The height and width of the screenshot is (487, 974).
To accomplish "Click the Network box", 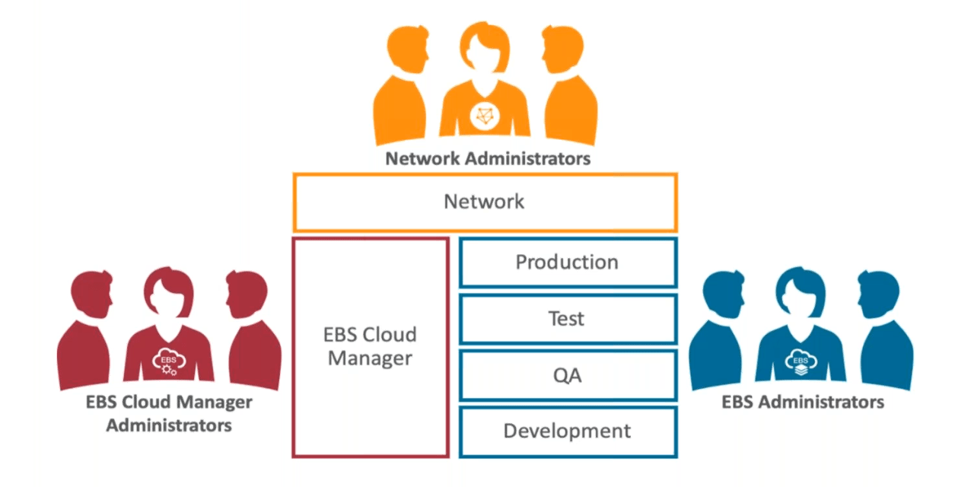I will pos(485,202).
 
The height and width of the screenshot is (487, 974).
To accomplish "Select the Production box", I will pos(568,263).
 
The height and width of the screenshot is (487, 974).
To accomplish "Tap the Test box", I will pos(568,318).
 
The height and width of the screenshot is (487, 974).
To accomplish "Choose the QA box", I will pos(568,374).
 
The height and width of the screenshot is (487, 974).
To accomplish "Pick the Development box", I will pos(568,431).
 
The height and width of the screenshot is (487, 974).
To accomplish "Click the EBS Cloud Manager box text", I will pos(370,347).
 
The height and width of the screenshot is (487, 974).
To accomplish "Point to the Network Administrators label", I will pos(487,159).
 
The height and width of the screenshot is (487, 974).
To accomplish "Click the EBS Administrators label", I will pos(803,401).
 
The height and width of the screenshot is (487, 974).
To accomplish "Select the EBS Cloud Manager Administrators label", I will pos(169,413).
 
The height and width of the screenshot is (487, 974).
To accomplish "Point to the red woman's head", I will pos(168,293).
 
